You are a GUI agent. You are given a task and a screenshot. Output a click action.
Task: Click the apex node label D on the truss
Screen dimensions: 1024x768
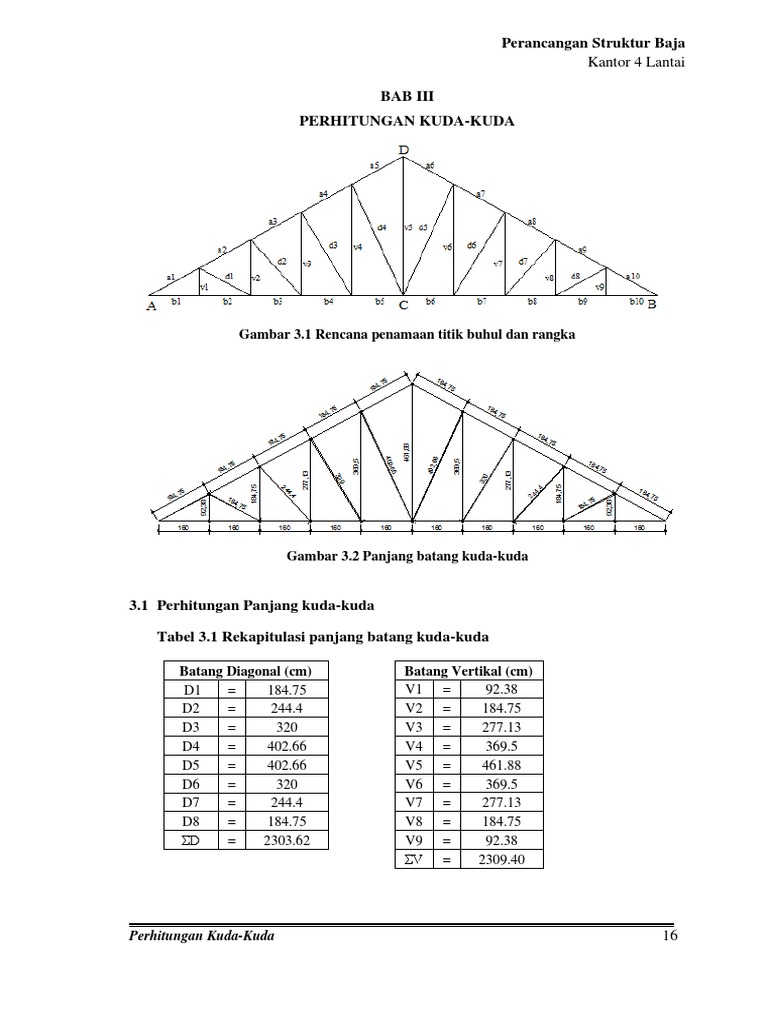point(403,151)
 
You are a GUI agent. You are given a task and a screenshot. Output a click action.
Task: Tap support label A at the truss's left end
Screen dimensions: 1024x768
point(152,308)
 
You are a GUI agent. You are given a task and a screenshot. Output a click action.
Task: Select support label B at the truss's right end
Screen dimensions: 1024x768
point(652,305)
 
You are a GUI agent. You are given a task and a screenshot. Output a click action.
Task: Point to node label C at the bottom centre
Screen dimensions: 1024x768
point(403,308)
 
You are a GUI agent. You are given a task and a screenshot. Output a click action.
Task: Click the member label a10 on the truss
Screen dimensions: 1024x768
point(633,275)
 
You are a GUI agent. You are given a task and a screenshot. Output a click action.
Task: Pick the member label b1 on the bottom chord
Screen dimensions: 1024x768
point(176,300)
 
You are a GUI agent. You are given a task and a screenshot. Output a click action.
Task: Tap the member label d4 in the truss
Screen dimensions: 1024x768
point(381,228)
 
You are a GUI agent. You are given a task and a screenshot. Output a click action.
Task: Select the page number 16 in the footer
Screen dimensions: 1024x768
point(669,935)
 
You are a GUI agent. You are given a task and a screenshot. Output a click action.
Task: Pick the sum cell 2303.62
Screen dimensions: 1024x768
point(286,841)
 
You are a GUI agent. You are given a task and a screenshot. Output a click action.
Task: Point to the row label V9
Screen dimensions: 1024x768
point(414,840)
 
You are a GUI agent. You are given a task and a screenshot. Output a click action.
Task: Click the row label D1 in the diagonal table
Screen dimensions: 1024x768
point(192,690)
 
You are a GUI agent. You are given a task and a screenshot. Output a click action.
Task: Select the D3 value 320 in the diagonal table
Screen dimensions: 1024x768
point(286,727)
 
